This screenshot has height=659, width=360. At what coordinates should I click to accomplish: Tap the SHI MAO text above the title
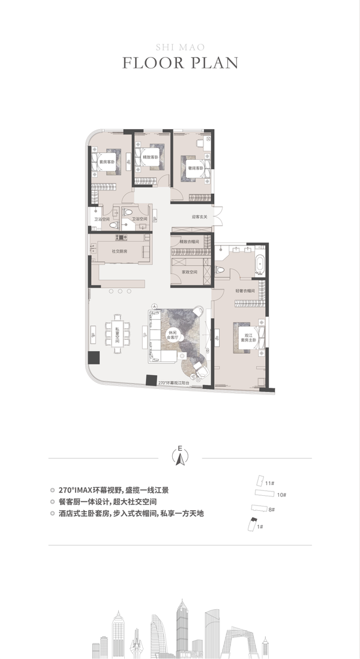(179, 46)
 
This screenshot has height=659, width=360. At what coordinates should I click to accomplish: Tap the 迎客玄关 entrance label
(199, 217)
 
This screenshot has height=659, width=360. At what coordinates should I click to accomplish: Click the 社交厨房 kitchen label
(119, 251)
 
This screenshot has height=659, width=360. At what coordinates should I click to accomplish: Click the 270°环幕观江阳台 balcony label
(174, 382)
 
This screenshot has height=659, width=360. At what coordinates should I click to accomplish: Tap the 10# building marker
(282, 495)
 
